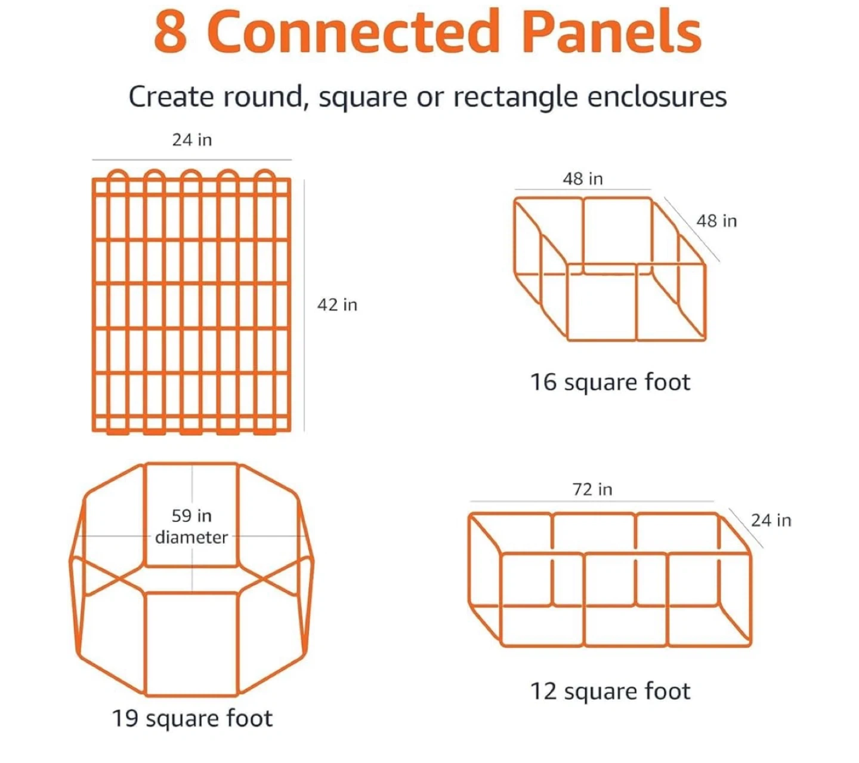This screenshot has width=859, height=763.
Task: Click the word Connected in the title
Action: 353,32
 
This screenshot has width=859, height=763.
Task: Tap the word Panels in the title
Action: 611,32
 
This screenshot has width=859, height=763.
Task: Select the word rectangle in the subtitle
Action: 515,98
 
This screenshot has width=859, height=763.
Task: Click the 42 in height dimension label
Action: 337,304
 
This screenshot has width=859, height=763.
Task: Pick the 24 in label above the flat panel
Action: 192,140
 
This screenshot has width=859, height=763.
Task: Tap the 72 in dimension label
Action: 592,490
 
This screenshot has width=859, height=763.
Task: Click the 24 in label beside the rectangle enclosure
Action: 771,520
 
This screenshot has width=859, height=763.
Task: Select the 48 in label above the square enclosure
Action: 583,179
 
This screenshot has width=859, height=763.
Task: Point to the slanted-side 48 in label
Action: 716,221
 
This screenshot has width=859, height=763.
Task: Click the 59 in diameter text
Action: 191,527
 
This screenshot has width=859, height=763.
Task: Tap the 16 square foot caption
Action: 610,382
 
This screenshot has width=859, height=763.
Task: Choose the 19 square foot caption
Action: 192,718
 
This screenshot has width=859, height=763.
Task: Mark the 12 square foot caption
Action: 610,691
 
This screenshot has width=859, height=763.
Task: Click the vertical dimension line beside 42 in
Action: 304,306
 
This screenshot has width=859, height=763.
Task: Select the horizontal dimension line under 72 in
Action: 592,501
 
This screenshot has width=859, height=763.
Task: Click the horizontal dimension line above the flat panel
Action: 192,160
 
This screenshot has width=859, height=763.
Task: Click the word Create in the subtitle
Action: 171,97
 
